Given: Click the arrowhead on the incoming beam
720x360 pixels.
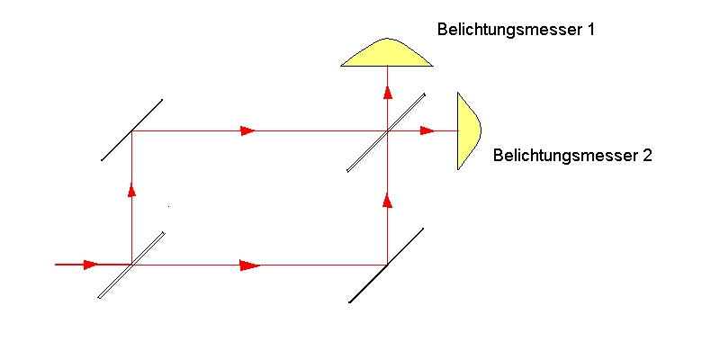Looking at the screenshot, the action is [x=91, y=265].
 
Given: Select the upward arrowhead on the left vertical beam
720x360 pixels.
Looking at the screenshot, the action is [x=131, y=190].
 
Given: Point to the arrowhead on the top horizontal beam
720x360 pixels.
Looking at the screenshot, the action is [x=247, y=130].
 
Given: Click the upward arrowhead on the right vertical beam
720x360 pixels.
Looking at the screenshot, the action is [x=388, y=201].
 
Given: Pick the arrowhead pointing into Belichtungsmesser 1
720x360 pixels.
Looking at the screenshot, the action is [x=388, y=92].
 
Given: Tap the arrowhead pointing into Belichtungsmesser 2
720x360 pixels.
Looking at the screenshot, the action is [x=427, y=130].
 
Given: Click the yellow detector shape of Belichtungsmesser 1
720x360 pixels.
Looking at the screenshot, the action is [x=387, y=52].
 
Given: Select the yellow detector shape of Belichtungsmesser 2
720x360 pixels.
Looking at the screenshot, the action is [x=469, y=130].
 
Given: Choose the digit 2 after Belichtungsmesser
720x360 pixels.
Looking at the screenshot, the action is [x=646, y=155].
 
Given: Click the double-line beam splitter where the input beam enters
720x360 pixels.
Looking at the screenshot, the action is [x=131, y=265].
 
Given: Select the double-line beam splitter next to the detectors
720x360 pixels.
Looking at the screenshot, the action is [x=386, y=132].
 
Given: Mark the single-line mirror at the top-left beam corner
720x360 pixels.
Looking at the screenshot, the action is [x=131, y=130].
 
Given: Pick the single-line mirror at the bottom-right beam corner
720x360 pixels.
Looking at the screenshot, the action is [x=386, y=265].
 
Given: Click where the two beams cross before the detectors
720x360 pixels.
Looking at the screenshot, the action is [x=388, y=130].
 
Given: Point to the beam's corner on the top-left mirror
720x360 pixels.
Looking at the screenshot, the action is [x=131, y=130].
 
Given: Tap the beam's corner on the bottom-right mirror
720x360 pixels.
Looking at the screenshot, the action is [x=388, y=265].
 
